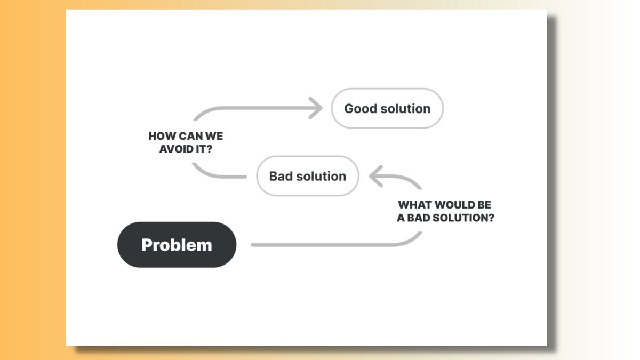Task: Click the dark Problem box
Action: (x=177, y=245)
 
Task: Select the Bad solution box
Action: (x=308, y=176)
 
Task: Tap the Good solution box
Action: (x=387, y=108)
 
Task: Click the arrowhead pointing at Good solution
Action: (x=317, y=108)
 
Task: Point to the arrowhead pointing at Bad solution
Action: (x=375, y=176)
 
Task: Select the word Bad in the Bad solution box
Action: (x=280, y=177)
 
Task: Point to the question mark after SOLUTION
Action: (x=491, y=218)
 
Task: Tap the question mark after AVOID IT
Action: (x=209, y=149)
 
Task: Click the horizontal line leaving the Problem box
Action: (x=320, y=245)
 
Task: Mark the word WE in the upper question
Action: (x=214, y=137)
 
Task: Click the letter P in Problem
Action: (x=147, y=245)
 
